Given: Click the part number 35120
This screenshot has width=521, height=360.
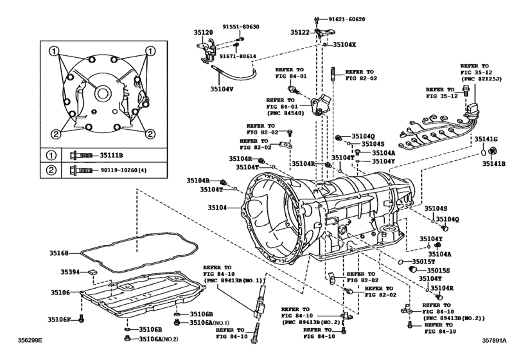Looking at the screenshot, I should coord(203,32).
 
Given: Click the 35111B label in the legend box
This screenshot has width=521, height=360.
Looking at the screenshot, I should coord(114,155).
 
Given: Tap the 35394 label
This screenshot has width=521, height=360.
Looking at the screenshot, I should coord(70,273).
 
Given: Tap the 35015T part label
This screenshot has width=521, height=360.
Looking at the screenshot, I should coord(423,262).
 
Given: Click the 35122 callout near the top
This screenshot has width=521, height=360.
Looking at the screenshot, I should coord(301,32).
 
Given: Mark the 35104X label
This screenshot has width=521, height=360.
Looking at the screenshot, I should coord(344,45).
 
